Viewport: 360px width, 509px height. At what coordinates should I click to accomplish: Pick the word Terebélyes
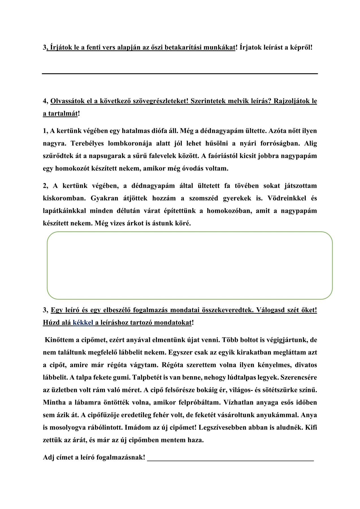pyautogui.click(x=87, y=143)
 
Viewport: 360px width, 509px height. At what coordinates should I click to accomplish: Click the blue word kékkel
pyautogui.click(x=83, y=323)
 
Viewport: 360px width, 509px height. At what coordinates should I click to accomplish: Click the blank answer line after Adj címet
pyautogui.click(x=230, y=457)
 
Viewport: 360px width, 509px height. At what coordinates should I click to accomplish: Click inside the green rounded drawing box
pyautogui.click(x=189, y=265)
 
